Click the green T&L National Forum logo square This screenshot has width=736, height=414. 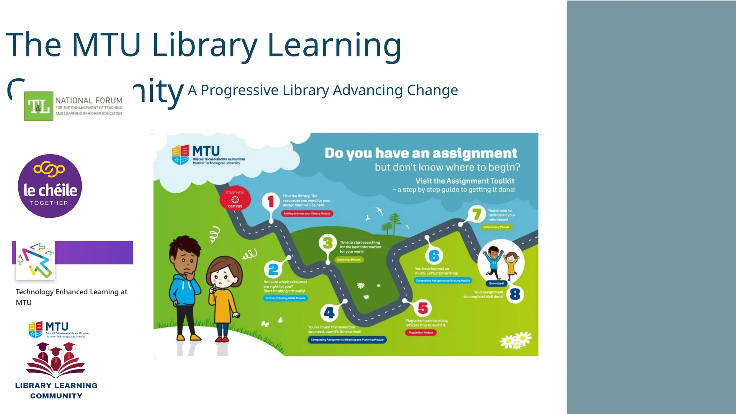pyautogui.click(x=38, y=106)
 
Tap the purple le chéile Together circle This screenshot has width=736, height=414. pyautogui.click(x=50, y=186)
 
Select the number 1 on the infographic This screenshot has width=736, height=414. pyautogui.click(x=271, y=201)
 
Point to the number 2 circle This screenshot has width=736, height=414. pyautogui.click(x=273, y=269)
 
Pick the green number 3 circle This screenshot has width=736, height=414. pyautogui.click(x=327, y=243)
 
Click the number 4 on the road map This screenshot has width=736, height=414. pyautogui.click(x=329, y=313)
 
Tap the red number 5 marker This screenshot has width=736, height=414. pyautogui.click(x=423, y=308)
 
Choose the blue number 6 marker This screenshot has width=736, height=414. pyautogui.click(x=434, y=256)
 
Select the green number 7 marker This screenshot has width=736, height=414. pyautogui.click(x=477, y=214)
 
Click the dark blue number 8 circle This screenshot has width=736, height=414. pyautogui.click(x=515, y=294)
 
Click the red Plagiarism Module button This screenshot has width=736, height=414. pyautogui.click(x=421, y=333)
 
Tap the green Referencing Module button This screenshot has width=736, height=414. pyautogui.click(x=496, y=227)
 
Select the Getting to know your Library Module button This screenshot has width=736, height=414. pyautogui.click(x=307, y=213)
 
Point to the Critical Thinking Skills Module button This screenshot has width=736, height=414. pyautogui.click(x=285, y=298)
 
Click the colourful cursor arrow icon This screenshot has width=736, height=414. pyautogui.click(x=35, y=261)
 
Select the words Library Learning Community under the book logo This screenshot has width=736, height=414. pyautogui.click(x=56, y=391)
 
